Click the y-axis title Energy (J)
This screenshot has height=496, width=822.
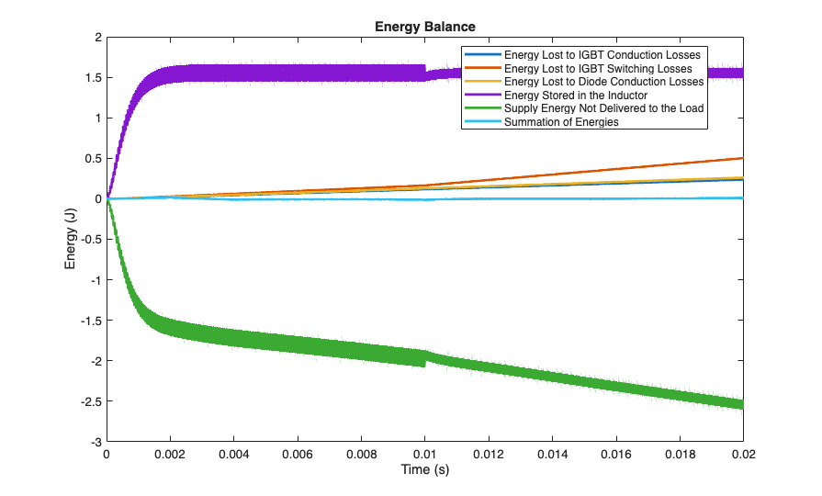[70, 239]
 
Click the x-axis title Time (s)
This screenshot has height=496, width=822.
[425, 470]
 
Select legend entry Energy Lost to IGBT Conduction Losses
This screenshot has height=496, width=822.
[602, 55]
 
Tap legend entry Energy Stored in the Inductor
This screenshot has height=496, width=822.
[577, 95]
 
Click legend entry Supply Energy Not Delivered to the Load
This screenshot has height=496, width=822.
[604, 108]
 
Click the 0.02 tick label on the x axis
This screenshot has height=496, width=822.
[742, 453]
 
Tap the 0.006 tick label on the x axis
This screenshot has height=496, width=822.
[298, 453]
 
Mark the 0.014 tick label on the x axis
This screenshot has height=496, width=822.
[552, 453]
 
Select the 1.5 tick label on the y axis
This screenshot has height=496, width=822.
[92, 77]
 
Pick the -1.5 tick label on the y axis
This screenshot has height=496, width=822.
[89, 321]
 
